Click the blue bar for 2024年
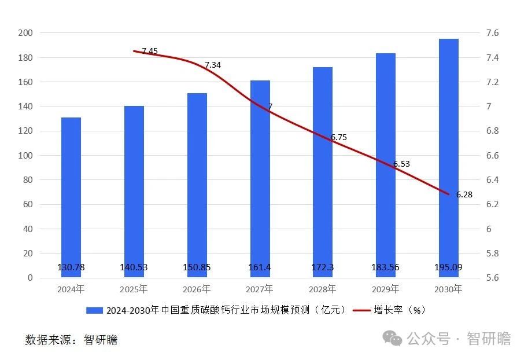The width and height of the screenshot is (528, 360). (x=71, y=197)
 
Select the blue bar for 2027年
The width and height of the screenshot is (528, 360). (x=260, y=179)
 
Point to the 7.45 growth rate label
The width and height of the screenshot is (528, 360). (x=150, y=52)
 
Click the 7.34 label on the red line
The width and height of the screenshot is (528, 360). (x=213, y=65)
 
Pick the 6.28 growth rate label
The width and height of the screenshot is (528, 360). (x=464, y=194)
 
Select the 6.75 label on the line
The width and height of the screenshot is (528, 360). (x=339, y=137)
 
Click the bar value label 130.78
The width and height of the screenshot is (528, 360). (x=71, y=267)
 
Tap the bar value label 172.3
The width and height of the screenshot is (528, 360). (x=323, y=267)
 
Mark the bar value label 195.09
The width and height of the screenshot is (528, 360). (x=449, y=267)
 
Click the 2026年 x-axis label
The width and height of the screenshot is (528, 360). (x=197, y=289)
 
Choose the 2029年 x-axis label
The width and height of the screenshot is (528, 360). (x=386, y=289)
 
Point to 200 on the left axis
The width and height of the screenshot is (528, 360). (x=25, y=33)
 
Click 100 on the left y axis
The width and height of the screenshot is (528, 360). (x=25, y=156)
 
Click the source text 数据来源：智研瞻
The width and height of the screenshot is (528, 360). (x=71, y=340)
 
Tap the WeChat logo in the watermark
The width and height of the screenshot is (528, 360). (x=394, y=338)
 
